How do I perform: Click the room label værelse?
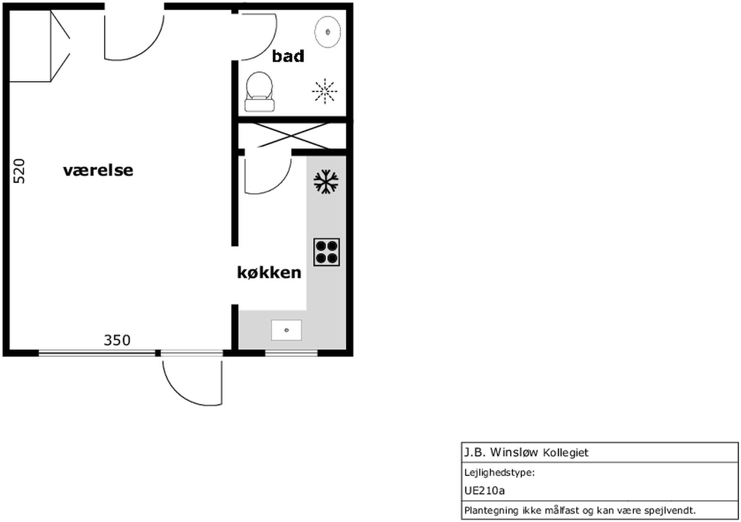[x=98, y=170]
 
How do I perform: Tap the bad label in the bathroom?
[x=288, y=56]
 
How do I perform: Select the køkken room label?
[x=269, y=272]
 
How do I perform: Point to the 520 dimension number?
[x=19, y=171]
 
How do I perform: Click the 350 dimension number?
[x=117, y=340]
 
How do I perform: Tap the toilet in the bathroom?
[x=259, y=92]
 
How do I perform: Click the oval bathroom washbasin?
[x=328, y=32]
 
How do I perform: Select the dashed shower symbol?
[x=325, y=91]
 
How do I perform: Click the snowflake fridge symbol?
[x=326, y=181]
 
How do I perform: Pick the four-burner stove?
[x=326, y=252]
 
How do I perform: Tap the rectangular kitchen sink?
[x=286, y=330]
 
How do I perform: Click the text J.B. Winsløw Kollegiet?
[x=526, y=452]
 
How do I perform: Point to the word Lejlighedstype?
[x=499, y=473]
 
